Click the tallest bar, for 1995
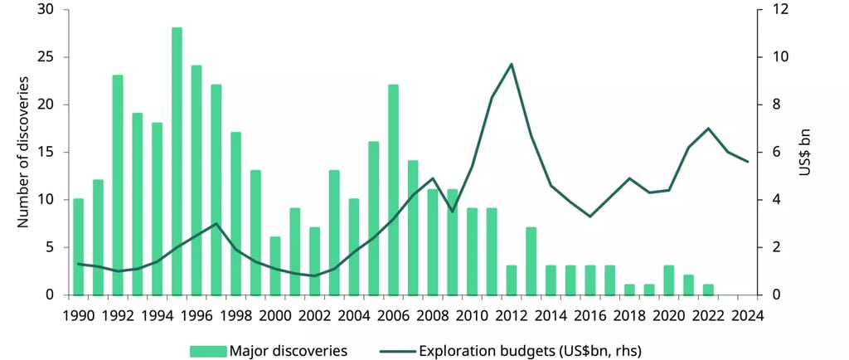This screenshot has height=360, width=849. pyautogui.click(x=177, y=161)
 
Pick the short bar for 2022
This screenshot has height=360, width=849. pyautogui.click(x=708, y=289)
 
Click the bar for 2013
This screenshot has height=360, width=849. pyautogui.click(x=531, y=260)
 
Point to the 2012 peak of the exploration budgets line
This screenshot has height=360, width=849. pyautogui.click(x=512, y=64)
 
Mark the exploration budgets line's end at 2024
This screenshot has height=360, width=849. pyautogui.click(x=748, y=162)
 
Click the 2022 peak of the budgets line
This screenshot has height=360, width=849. pyautogui.click(x=708, y=129)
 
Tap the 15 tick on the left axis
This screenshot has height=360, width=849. pyautogui.click(x=46, y=153)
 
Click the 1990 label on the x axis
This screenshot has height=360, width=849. pyautogui.click(x=79, y=315)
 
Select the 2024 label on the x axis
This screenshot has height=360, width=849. pyautogui.click(x=748, y=315)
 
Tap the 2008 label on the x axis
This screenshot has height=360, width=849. pyautogui.click(x=433, y=315)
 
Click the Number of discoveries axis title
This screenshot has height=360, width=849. pyautogui.click(x=24, y=152)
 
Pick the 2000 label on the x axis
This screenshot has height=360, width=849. pyautogui.click(x=275, y=315)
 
